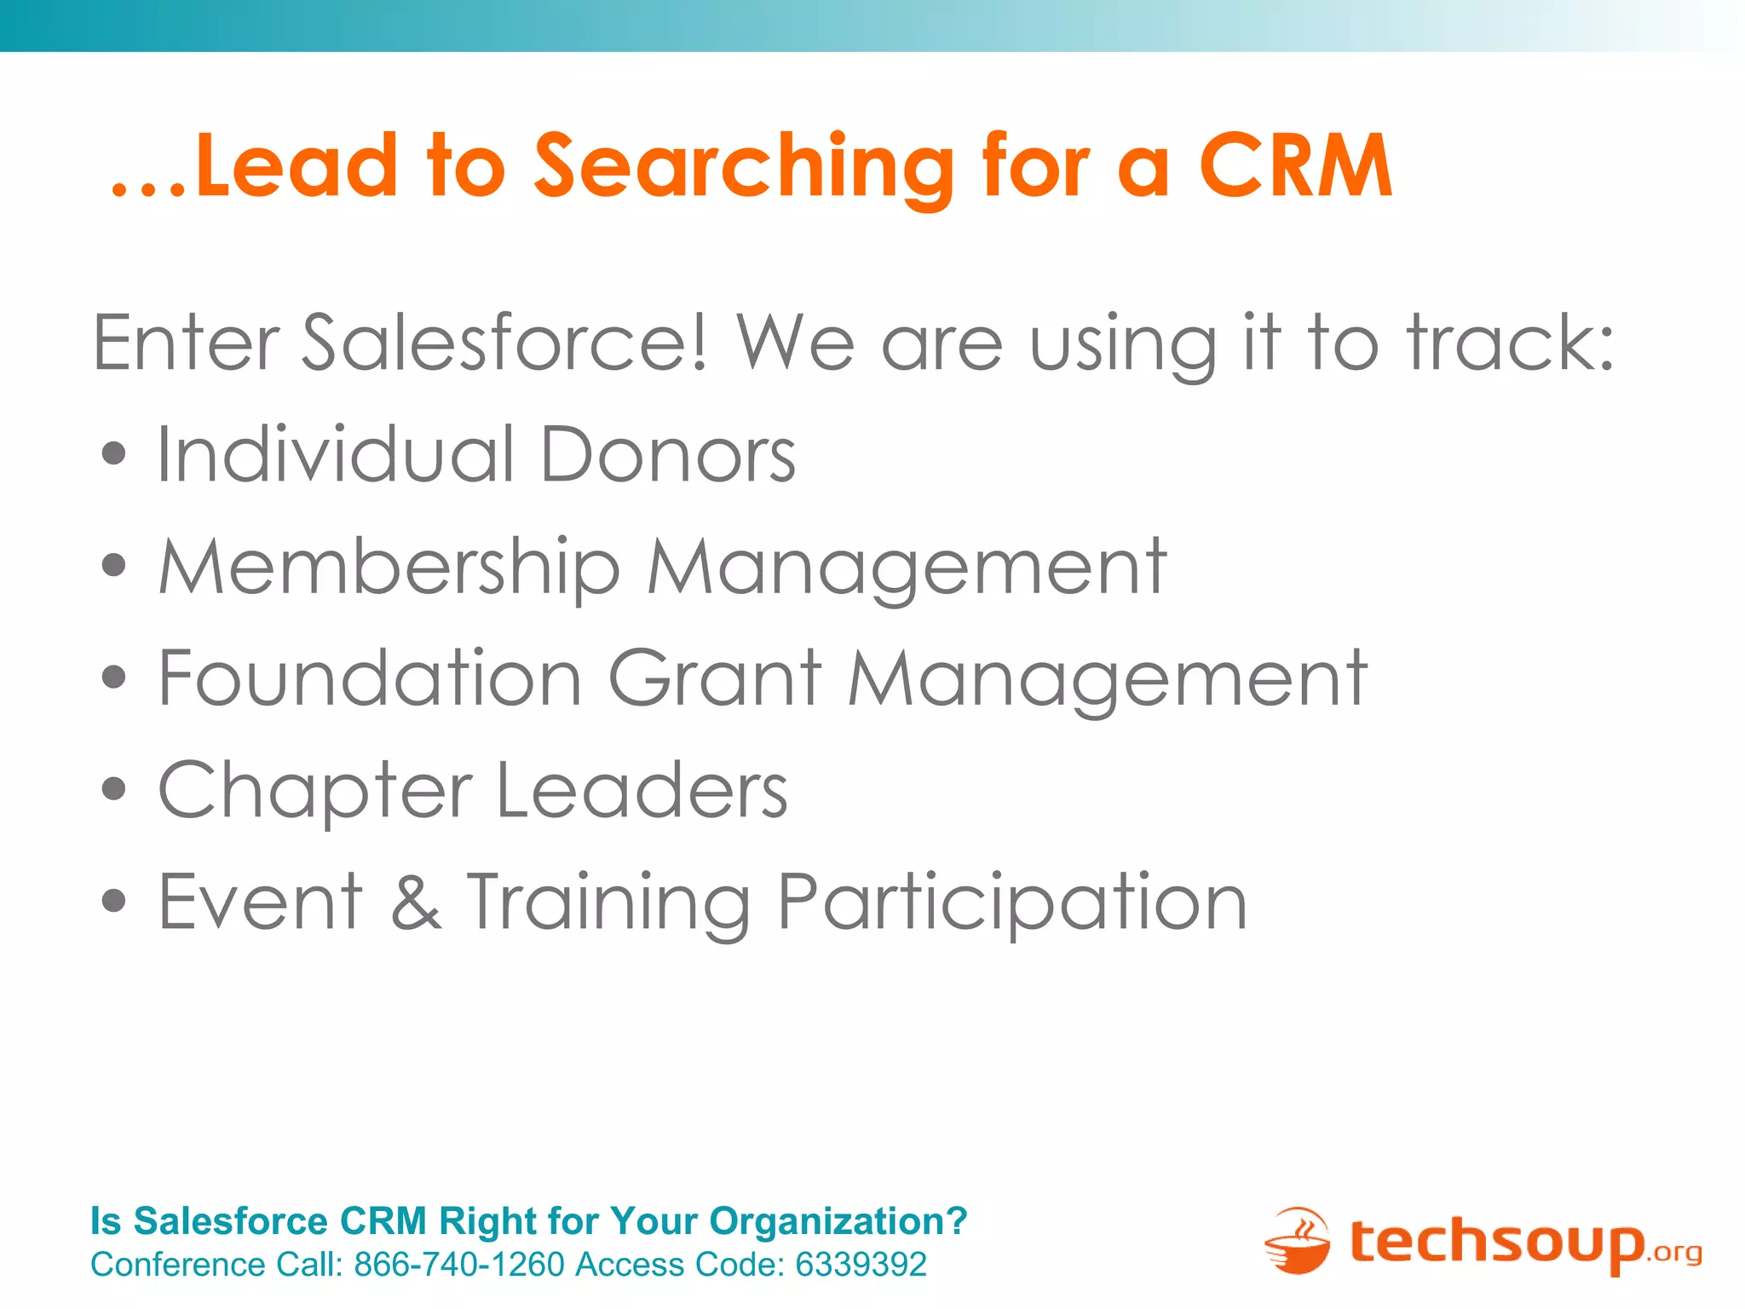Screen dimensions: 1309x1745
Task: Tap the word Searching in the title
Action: point(743,167)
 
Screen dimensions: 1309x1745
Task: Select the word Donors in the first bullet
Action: point(667,454)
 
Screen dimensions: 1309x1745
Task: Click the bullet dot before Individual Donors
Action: point(113,453)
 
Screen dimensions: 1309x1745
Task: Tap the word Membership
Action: point(389,568)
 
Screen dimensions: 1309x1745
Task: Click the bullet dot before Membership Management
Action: point(113,565)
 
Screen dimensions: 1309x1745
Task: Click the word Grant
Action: point(715,678)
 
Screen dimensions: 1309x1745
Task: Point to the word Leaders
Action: point(641,790)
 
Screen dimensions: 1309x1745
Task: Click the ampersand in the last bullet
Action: point(416,902)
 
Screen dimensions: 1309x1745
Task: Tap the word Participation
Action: point(1012,903)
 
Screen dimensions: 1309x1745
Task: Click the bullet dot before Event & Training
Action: point(113,901)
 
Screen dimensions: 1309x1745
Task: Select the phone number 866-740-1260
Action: point(459,1265)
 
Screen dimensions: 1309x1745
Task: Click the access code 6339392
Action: point(861,1265)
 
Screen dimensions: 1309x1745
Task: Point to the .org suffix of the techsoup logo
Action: point(1674,1253)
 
